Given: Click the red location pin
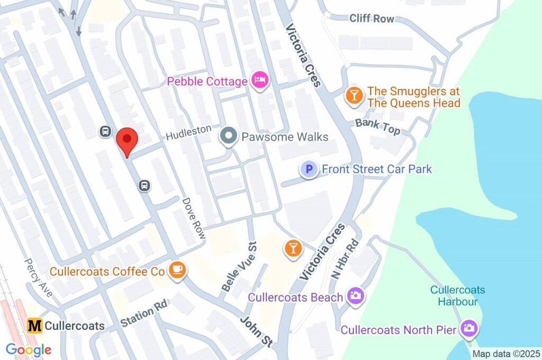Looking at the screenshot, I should (127, 140).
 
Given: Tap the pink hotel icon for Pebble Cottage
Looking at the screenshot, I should (260, 81).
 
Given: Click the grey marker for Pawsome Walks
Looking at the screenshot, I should (229, 137).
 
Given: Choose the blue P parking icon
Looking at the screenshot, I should (309, 169).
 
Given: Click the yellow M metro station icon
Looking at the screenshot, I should (35, 326).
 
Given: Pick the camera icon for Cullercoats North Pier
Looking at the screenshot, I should (468, 329).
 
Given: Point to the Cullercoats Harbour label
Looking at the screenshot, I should (458, 296).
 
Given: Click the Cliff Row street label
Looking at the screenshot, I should (372, 19).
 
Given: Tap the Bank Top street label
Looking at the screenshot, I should (377, 127).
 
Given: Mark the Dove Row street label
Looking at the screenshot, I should (194, 218).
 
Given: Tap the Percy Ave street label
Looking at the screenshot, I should (38, 277).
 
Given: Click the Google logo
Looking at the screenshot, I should (29, 349).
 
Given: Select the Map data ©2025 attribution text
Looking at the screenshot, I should (505, 354).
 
